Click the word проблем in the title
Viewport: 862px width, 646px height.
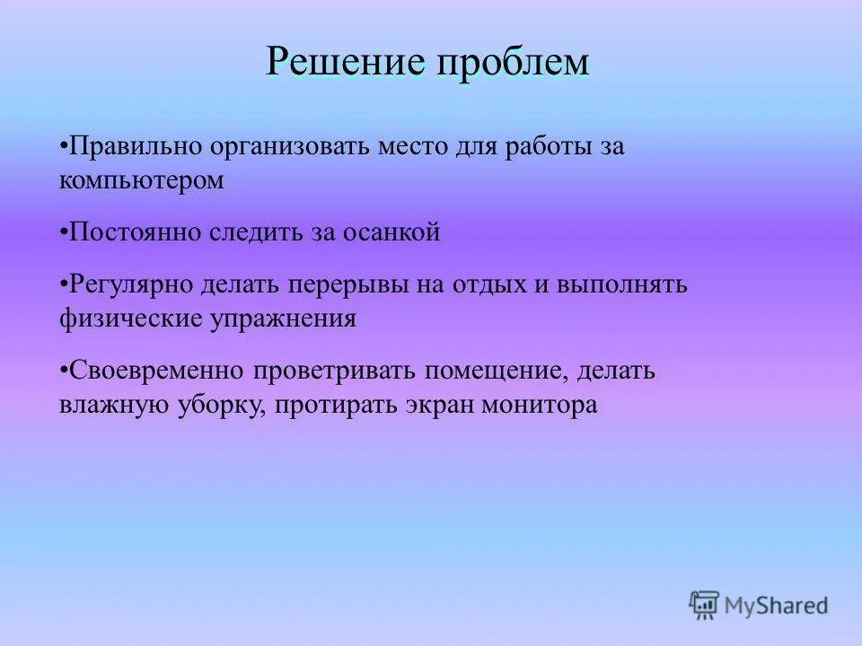515,62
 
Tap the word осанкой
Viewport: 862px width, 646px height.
394,232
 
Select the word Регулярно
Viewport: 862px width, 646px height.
132,285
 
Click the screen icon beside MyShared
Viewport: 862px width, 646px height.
704,605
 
